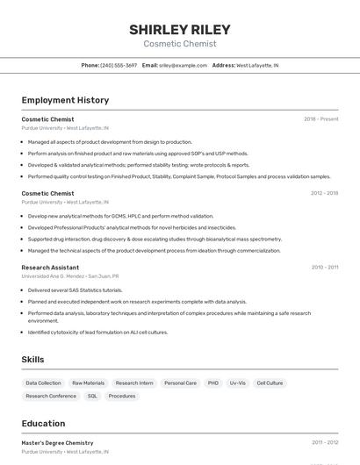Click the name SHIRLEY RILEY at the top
[179, 29]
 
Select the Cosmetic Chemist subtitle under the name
[179, 44]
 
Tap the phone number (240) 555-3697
[119, 65]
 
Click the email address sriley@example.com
[183, 65]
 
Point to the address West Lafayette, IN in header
[257, 65]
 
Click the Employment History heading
[65, 100]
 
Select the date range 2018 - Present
[320, 118]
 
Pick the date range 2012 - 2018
[324, 193]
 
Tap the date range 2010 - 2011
[325, 267]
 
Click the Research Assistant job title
[50, 267]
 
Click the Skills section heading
[32, 359]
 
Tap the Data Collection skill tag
[43, 383]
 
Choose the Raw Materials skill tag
[88, 383]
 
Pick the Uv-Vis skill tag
[237, 383]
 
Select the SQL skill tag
[92, 396]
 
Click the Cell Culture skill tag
[270, 383]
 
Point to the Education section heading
[43, 423]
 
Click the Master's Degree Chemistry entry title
[57, 443]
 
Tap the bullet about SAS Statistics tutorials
[75, 290]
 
